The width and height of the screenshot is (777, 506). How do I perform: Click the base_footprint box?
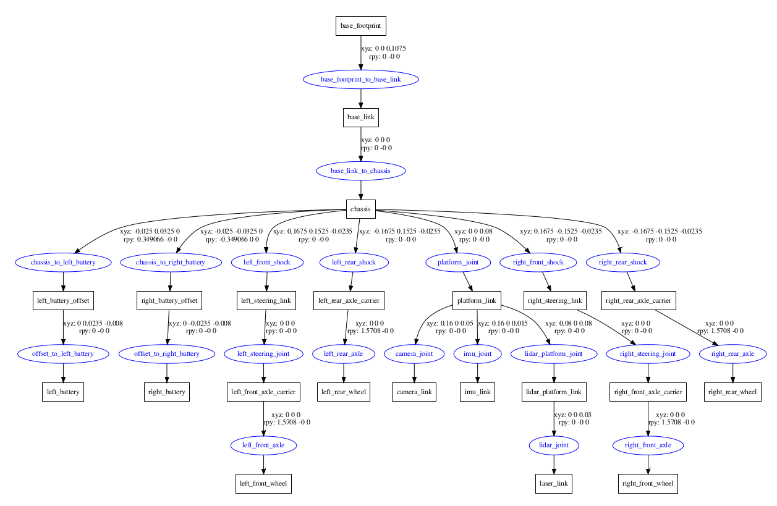point(361,26)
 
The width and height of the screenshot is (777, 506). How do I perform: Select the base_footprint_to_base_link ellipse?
point(361,80)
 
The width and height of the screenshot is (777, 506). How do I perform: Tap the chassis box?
point(361,209)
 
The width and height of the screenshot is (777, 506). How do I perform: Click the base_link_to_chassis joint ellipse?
point(361,171)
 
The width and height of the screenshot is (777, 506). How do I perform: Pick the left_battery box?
point(63,392)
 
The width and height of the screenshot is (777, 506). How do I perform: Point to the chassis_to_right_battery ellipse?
point(171,262)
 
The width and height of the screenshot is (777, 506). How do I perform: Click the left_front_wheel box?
point(263,484)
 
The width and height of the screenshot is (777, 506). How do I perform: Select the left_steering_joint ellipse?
point(263,354)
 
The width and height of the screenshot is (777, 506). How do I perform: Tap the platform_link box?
point(477,300)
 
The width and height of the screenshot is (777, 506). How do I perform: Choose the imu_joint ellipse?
point(478,354)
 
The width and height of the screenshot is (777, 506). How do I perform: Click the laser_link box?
point(554,484)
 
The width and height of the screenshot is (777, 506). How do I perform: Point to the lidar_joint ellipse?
point(554,445)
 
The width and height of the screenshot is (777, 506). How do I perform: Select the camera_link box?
point(414,392)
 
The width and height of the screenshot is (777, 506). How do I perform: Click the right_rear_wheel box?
point(732,392)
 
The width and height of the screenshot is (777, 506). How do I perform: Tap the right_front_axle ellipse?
point(648,445)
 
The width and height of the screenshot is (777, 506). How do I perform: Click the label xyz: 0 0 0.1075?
point(383,48)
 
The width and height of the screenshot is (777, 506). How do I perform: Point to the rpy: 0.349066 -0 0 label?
point(151,239)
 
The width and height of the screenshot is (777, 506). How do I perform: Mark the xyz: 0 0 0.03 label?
point(572,415)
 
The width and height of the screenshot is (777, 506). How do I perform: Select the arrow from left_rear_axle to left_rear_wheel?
point(344,373)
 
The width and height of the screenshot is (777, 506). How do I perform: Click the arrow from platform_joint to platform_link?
point(467,282)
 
